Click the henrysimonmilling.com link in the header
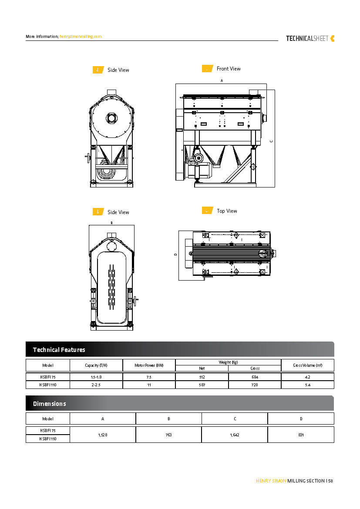(x=81, y=37)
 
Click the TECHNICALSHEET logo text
(x=307, y=38)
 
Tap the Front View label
(x=229, y=69)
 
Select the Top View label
(x=227, y=211)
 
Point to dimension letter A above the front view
(x=222, y=81)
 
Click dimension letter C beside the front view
(x=271, y=141)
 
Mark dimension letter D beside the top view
(x=175, y=254)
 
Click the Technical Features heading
(x=59, y=350)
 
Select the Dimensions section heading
(x=50, y=404)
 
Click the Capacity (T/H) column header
(x=96, y=365)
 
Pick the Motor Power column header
(x=149, y=365)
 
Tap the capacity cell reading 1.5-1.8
(x=96, y=377)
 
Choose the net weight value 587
(x=202, y=385)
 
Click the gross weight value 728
(x=255, y=385)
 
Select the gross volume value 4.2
(x=307, y=377)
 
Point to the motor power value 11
(x=149, y=385)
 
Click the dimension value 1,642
(x=235, y=435)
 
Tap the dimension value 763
(x=169, y=435)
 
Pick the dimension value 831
(x=301, y=435)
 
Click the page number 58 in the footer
(x=331, y=481)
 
